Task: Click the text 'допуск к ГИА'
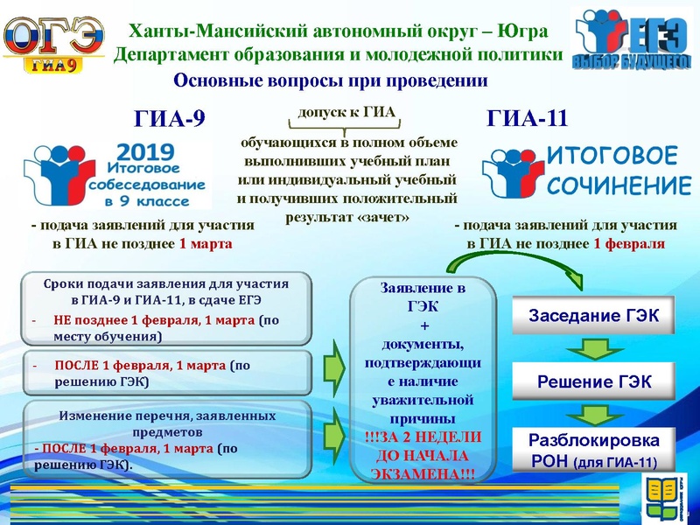coord(347,114)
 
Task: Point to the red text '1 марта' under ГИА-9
coord(206,243)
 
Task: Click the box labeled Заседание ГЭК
coord(592,317)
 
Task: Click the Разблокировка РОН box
coord(592,449)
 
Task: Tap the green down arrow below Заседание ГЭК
coord(593,350)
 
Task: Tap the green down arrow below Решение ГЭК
coord(593,415)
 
